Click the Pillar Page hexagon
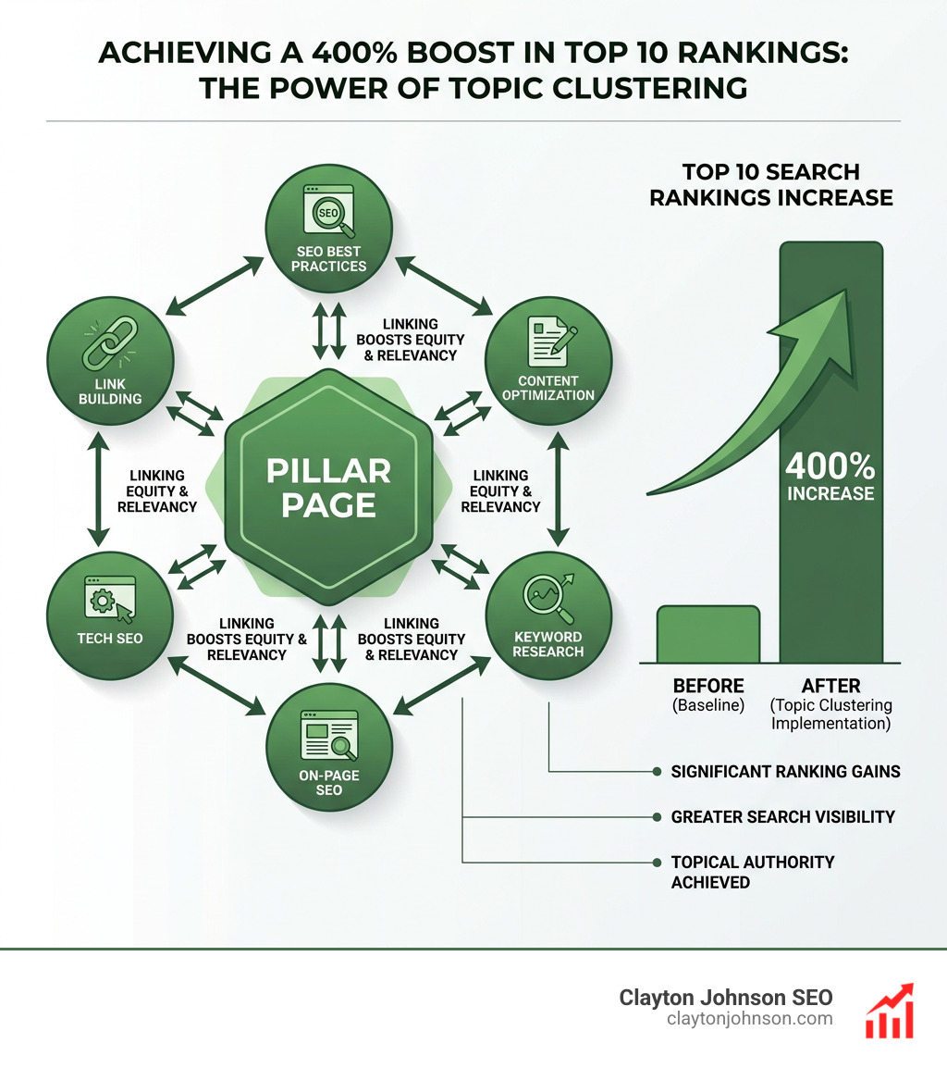coord(328,487)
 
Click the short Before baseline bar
coord(708,634)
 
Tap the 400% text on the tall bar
coord(830,463)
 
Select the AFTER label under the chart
coord(830,686)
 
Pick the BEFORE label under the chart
coord(708,686)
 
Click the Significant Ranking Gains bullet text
coord(785,771)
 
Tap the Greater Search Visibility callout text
coord(782,816)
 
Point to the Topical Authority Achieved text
coord(752,871)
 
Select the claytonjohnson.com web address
coord(749,1019)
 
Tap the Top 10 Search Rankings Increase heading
coord(770,184)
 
